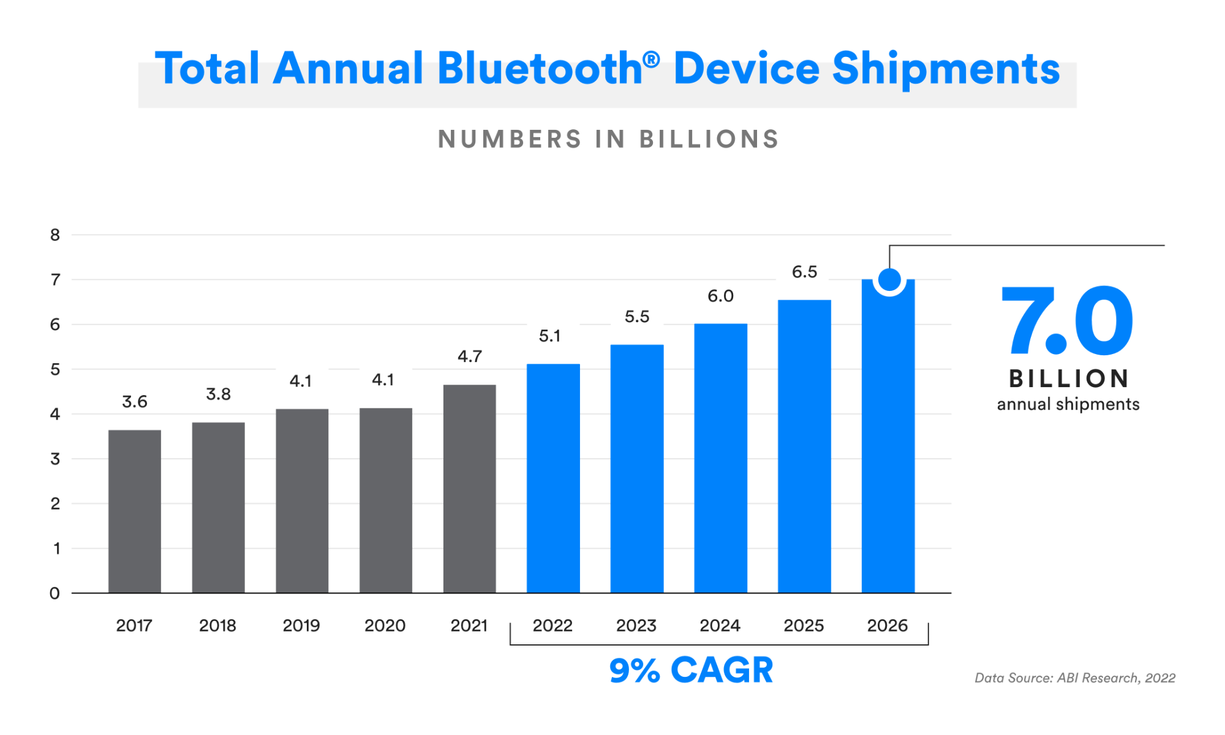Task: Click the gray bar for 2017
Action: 135,511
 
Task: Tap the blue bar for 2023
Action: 637,469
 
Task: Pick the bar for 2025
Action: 804,447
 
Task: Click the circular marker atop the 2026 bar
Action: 889,280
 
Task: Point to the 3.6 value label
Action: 135,402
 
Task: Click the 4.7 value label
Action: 470,356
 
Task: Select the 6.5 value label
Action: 804,272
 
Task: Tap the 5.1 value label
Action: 549,336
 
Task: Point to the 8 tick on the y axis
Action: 55,235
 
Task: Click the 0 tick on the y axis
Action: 55,594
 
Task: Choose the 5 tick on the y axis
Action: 55,369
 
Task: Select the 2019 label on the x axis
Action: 301,626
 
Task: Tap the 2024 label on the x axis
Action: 720,626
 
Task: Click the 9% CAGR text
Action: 691,670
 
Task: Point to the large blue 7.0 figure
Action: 1067,322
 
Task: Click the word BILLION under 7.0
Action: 1069,379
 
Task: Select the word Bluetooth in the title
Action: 540,69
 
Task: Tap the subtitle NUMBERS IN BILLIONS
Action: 608,140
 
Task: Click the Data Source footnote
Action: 1075,678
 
